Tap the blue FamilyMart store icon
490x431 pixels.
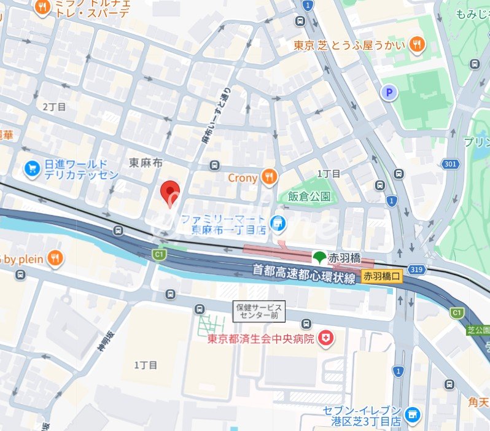click(x=279, y=224)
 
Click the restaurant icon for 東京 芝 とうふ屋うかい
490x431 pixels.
click(x=418, y=44)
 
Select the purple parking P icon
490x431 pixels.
click(x=389, y=93)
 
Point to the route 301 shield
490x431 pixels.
click(x=449, y=164)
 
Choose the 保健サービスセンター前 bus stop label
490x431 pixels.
click(x=259, y=311)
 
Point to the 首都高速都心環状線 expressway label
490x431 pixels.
click(x=305, y=274)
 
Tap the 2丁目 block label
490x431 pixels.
click(x=54, y=107)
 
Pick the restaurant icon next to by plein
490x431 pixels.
click(x=55, y=258)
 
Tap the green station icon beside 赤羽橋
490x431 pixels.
click(x=319, y=256)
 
